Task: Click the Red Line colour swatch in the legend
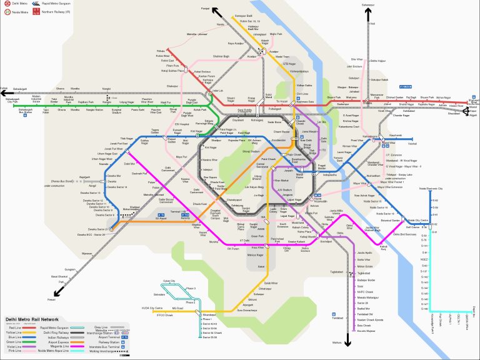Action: (x=29, y=327)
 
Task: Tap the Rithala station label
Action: (x=161, y=49)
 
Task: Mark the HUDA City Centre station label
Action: (x=151, y=308)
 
